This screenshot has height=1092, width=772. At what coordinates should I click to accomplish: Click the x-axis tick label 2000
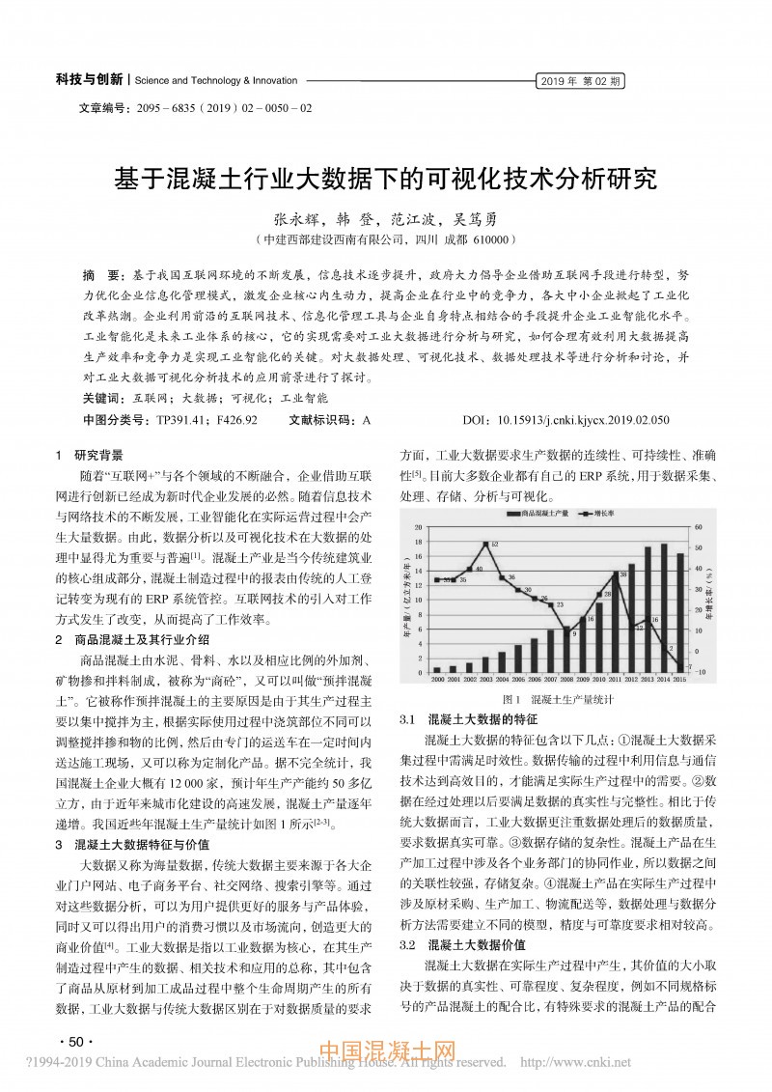437,680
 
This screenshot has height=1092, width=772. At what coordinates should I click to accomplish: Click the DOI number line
559,421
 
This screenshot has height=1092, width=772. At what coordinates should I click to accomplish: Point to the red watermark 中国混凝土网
386,1050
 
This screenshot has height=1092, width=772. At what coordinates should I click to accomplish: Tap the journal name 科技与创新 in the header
89,80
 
